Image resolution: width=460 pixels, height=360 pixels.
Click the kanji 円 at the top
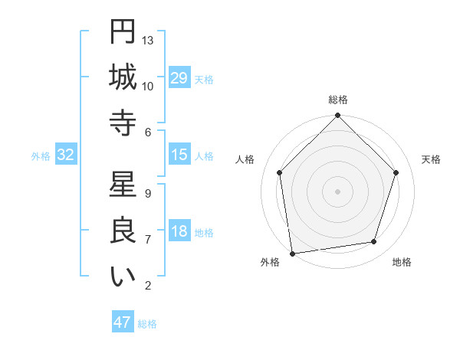click(x=123, y=33)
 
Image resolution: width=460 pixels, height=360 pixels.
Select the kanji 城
click(x=123, y=78)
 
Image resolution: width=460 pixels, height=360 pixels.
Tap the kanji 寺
click(x=123, y=123)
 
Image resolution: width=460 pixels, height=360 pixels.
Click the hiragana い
click(x=123, y=277)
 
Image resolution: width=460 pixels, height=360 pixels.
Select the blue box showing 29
click(x=179, y=78)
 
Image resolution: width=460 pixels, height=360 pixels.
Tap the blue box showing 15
click(x=179, y=155)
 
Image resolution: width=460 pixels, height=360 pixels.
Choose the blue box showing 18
click(x=179, y=231)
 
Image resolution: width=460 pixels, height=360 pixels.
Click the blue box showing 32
click(x=66, y=155)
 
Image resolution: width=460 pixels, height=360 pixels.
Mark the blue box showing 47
click(x=123, y=322)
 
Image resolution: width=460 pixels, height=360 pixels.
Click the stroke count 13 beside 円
click(x=149, y=40)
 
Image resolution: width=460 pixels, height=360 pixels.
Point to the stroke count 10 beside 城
click(x=149, y=86)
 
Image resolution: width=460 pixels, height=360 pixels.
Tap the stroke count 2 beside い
click(x=148, y=286)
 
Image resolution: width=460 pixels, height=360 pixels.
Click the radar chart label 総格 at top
click(x=338, y=100)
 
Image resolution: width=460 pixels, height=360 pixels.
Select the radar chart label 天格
click(x=432, y=159)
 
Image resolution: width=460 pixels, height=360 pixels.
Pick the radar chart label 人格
click(x=245, y=159)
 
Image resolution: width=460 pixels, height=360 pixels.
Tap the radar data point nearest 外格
click(x=292, y=253)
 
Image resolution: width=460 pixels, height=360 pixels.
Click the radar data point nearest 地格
click(x=374, y=242)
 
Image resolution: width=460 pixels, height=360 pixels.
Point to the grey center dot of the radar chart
click(x=338, y=191)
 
